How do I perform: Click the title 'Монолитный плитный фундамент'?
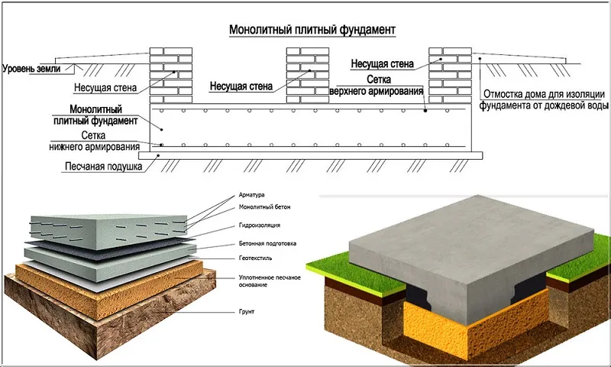tap(312, 30)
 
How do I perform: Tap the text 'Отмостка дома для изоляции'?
tap(545, 95)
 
